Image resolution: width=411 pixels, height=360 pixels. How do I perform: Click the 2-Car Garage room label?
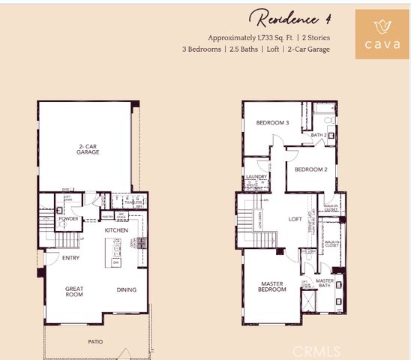[x=88, y=148]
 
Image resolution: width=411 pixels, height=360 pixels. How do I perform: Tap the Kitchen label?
[x=115, y=229]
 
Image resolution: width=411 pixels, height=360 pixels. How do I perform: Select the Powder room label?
[x=69, y=219]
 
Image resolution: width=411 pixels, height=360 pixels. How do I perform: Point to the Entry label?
[x=71, y=258]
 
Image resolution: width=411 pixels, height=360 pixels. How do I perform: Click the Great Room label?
[x=74, y=292]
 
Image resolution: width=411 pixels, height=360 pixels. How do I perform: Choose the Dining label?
[x=126, y=289]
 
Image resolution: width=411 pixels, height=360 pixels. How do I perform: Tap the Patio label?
[x=94, y=342]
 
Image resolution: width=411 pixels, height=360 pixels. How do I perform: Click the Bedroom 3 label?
[x=272, y=123]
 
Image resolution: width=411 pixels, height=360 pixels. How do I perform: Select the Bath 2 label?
[x=319, y=135]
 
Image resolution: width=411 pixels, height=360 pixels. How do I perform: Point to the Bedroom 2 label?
[x=310, y=169]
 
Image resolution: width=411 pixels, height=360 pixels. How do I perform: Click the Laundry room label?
[x=256, y=178]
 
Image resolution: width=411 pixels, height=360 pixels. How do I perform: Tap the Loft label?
[x=295, y=220]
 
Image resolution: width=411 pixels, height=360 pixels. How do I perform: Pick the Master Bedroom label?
[x=271, y=287]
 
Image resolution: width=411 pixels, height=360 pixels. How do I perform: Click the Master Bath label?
[x=325, y=283]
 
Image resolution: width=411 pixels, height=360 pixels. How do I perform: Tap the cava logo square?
[x=381, y=34]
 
